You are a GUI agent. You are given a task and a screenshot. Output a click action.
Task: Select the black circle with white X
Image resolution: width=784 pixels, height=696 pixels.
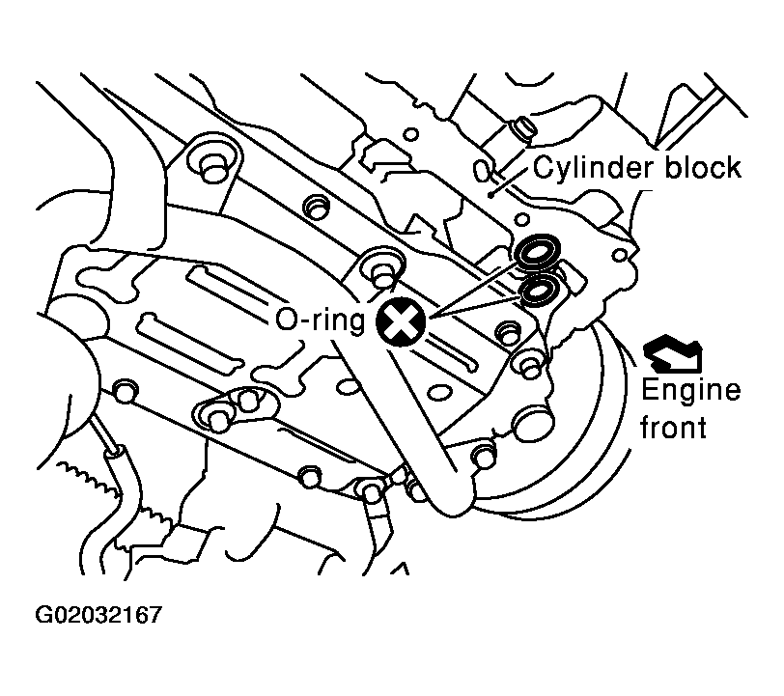tap(401, 321)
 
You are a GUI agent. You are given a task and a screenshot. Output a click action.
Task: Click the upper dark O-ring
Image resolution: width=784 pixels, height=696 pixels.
tap(538, 252)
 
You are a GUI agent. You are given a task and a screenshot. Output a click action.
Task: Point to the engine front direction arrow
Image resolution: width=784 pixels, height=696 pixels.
tap(673, 353)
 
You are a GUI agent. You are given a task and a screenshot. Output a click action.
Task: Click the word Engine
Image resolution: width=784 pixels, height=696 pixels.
tap(690, 391)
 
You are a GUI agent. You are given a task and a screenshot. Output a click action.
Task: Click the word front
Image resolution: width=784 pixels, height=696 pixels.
tap(673, 428)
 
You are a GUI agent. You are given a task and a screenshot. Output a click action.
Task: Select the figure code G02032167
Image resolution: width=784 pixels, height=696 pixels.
tap(99, 615)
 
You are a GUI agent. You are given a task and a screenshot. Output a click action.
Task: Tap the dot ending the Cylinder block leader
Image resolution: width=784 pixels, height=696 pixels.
tap(492, 196)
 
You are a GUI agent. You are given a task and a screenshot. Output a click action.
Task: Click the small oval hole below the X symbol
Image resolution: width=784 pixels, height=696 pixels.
tap(441, 393)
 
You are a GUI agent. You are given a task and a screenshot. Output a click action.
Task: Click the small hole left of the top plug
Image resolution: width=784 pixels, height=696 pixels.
tap(411, 134)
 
